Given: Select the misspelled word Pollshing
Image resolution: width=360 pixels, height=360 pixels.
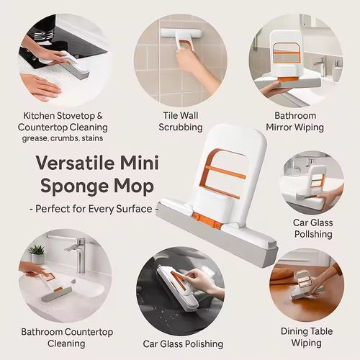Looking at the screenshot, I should pyautogui.click(x=312, y=235).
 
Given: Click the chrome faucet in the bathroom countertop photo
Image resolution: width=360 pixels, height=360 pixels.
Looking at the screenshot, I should pyautogui.click(x=76, y=252).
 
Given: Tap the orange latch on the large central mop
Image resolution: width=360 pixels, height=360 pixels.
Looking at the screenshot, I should pyautogui.click(x=204, y=218).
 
